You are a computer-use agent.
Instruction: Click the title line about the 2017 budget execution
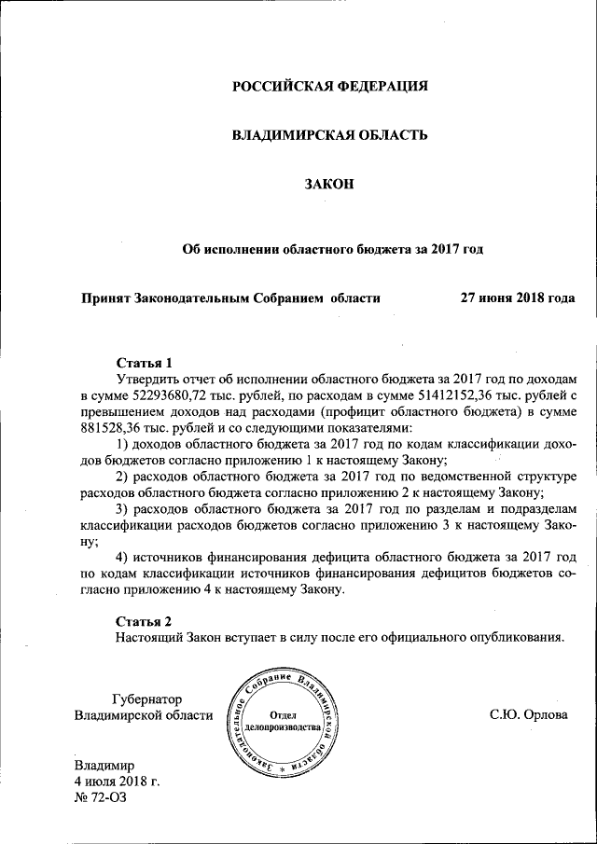(x=333, y=249)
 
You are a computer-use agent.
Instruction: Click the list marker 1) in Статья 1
(x=123, y=445)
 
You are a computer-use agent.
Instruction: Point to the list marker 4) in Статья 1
(x=123, y=558)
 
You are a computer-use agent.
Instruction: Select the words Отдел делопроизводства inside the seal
(x=284, y=720)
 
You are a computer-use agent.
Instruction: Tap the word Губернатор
(x=146, y=699)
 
